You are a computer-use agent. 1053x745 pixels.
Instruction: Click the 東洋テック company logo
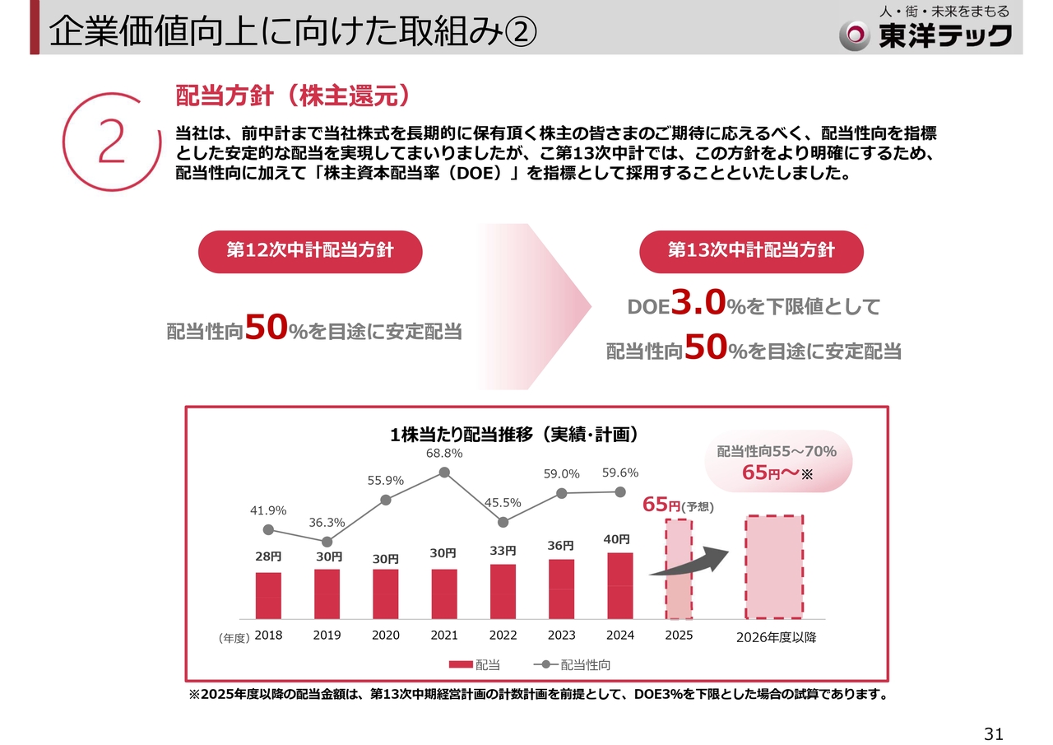[925, 34]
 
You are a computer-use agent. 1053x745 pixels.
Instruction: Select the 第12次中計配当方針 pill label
[310, 251]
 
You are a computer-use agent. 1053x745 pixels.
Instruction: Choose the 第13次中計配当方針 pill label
[751, 251]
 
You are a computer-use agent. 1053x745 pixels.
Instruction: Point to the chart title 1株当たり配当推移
[514, 434]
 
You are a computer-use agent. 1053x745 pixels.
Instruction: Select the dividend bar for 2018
[268, 595]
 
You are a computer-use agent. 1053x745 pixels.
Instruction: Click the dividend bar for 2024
[620, 585]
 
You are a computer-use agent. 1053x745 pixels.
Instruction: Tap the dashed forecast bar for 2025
[679, 569]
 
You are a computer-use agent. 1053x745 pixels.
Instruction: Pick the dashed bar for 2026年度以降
[773, 566]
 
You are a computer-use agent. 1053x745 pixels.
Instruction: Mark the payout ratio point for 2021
[445, 473]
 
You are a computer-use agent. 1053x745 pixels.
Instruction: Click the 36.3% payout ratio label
[327, 523]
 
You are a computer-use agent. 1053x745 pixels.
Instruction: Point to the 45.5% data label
[503, 502]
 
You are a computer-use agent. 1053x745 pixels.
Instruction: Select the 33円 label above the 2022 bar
[503, 550]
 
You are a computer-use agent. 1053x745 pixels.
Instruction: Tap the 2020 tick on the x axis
[386, 636]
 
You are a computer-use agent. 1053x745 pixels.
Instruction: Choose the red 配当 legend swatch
[461, 664]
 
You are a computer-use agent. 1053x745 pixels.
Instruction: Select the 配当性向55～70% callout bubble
[777, 461]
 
